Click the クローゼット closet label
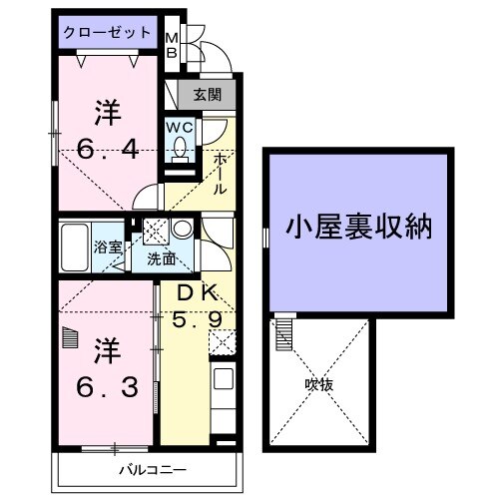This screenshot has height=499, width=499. click(107, 33)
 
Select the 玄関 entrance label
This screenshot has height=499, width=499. click(209, 96)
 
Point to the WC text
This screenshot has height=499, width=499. click(181, 127)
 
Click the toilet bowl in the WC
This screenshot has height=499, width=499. click(181, 149)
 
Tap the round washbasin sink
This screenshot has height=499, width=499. click(183, 230)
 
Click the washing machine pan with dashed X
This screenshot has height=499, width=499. click(156, 231)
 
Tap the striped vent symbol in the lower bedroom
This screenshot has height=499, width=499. click(69, 338)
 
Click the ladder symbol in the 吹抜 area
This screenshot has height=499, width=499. click(283, 331)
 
